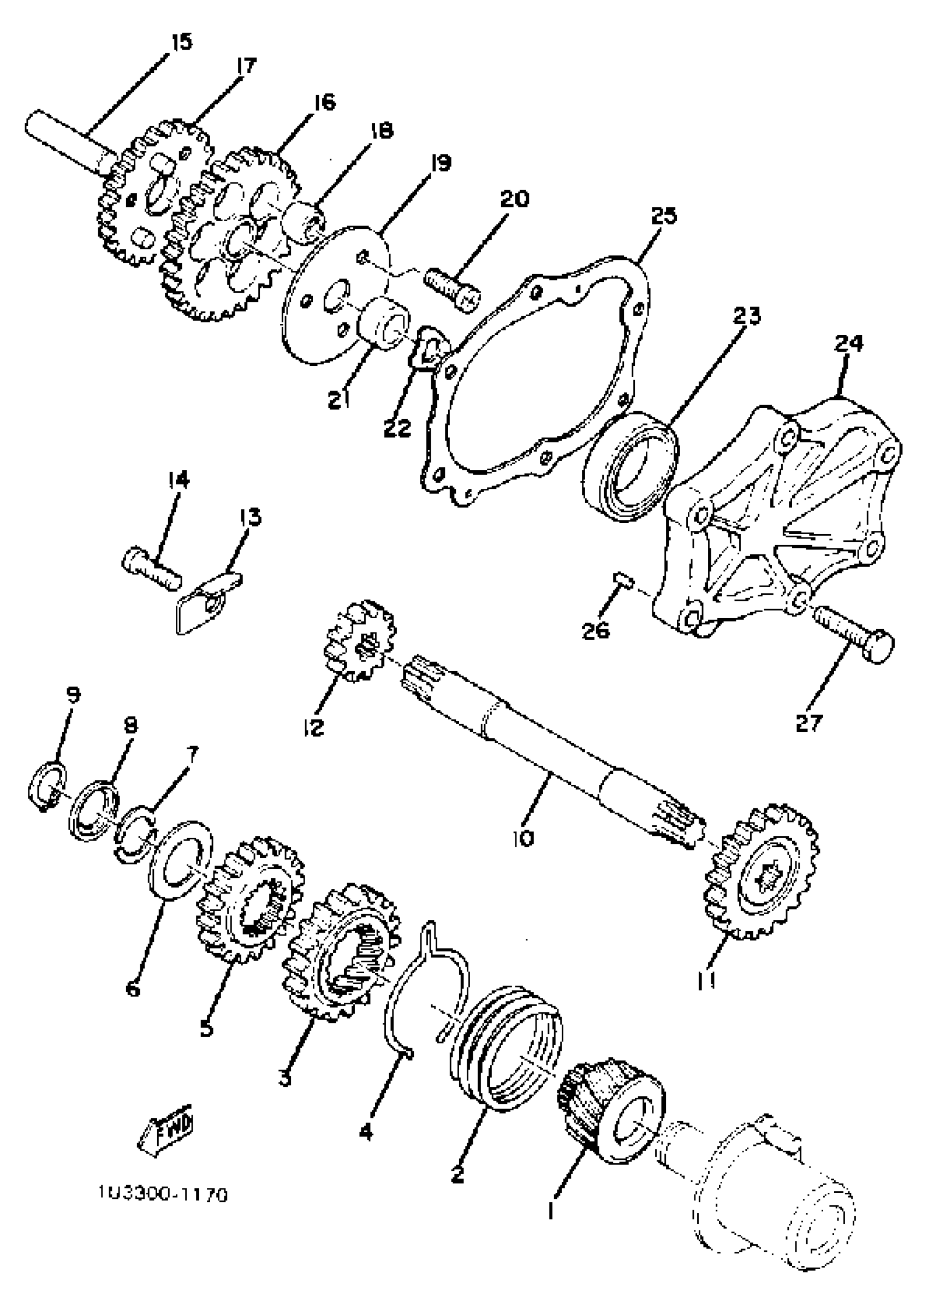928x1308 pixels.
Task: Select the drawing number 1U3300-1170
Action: [x=162, y=1195]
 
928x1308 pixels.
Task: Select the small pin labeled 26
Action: [x=623, y=582]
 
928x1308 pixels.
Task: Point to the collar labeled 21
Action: [x=383, y=323]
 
